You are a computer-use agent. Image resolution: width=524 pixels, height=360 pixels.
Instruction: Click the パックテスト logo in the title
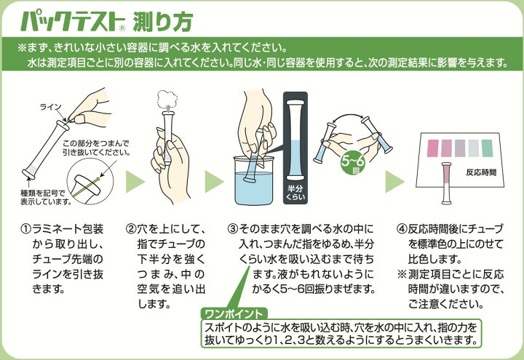[73, 22]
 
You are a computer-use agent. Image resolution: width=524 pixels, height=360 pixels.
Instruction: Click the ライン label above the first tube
[51, 107]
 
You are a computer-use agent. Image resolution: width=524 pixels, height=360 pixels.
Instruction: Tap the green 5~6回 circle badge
[353, 164]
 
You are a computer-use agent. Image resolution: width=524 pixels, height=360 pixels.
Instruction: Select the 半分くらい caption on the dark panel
[295, 193]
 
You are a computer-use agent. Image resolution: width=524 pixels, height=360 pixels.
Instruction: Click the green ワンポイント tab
[234, 314]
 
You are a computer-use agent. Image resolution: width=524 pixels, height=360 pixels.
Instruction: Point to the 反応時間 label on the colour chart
[481, 172]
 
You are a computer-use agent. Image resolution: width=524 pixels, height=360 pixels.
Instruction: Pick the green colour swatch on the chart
[487, 148]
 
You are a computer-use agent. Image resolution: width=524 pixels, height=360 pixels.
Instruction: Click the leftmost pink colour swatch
[433, 148]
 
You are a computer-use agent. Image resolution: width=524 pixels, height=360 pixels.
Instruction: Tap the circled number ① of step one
[25, 229]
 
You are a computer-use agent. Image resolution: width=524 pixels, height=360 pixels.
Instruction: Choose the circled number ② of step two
[131, 229]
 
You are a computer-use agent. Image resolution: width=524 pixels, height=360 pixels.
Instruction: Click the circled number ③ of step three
[233, 229]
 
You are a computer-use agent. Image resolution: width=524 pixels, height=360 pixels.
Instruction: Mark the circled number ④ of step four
[402, 229]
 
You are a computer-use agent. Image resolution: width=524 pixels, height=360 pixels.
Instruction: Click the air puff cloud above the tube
[167, 98]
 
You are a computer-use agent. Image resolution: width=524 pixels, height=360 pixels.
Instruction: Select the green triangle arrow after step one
[135, 182]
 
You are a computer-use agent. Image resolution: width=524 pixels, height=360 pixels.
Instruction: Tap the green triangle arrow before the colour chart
[394, 182]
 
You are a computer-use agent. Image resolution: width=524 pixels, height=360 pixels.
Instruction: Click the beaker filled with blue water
[254, 181]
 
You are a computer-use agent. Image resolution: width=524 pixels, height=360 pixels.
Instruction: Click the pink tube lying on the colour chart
[446, 183]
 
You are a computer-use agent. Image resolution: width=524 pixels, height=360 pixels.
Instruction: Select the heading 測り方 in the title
[163, 23]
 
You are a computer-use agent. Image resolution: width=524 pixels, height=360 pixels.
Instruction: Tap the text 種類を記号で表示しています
[47, 197]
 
